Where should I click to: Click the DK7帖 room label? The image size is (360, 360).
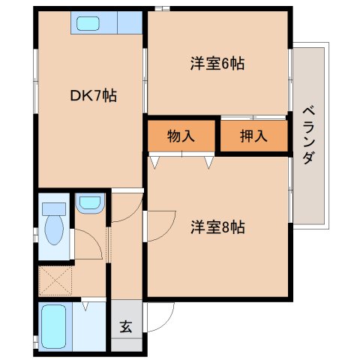(93, 96)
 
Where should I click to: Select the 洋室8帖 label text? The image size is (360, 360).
(217, 225)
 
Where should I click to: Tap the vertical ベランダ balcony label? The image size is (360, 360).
(310, 136)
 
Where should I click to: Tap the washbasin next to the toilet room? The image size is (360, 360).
(90, 202)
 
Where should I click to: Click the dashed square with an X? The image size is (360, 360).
(53, 280)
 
